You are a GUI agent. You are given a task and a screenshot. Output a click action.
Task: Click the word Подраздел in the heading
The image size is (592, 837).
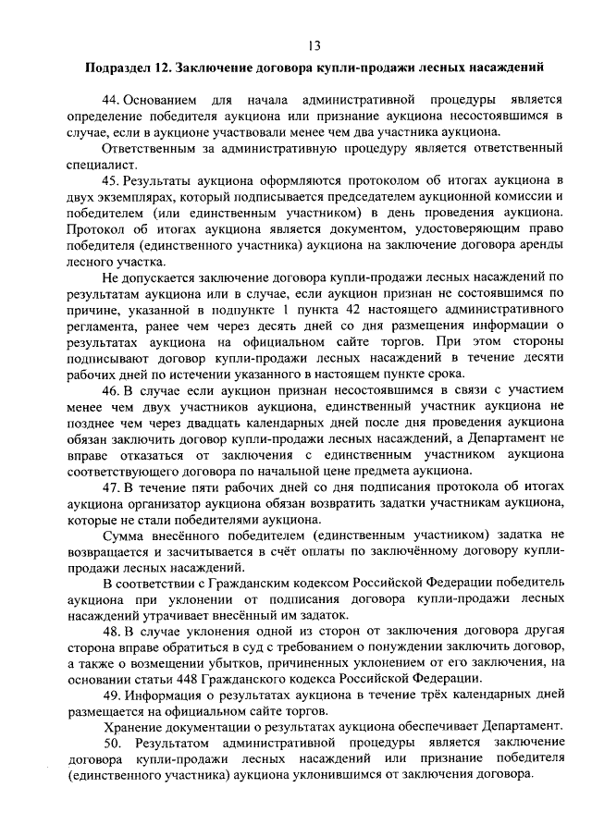click(117, 67)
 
